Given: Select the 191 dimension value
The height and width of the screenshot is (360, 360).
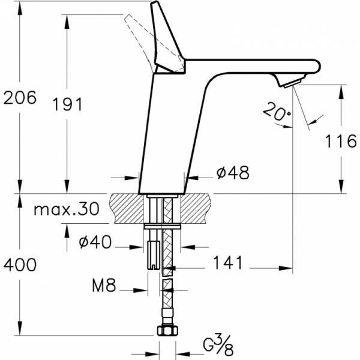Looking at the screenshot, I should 67,104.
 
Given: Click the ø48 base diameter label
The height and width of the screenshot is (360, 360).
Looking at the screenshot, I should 232,173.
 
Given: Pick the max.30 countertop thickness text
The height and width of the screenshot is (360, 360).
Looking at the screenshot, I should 66,210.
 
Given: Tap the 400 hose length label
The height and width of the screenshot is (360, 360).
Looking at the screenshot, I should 20,264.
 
